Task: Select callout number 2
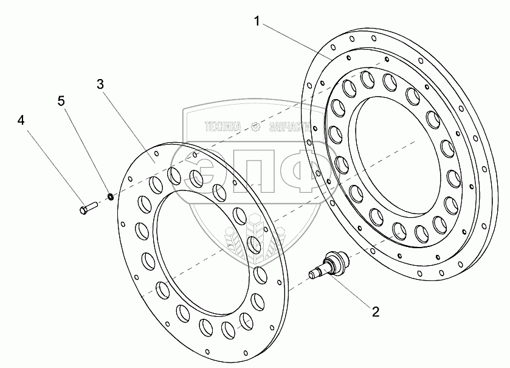pos(375,312)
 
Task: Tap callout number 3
pos(101,84)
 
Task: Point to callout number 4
pos(21,120)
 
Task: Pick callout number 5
pos(61,101)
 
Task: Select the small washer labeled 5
pos(111,196)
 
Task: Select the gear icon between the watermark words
pos(255,127)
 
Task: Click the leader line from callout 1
pos(295,41)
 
